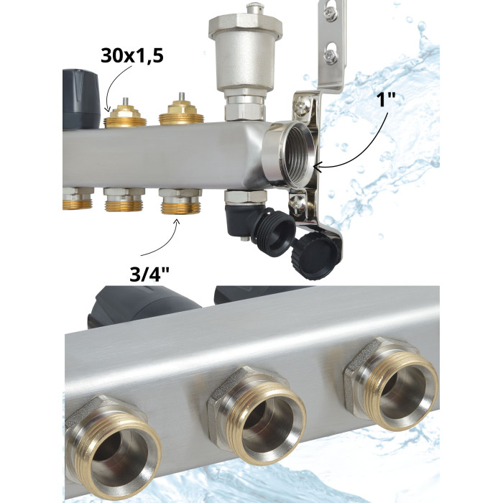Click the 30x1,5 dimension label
131,55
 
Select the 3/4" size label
149,274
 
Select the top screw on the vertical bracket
331,13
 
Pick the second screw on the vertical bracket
331,57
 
